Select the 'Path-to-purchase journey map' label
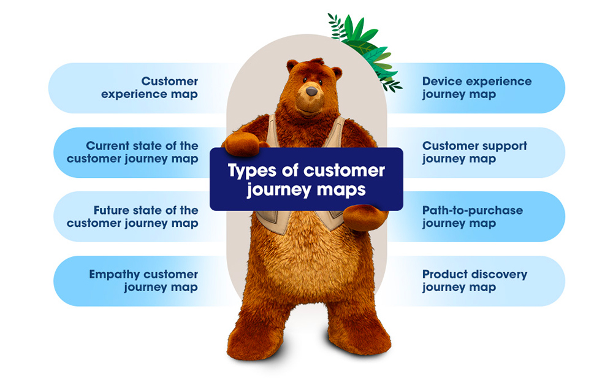point(472,216)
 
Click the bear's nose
point(311,91)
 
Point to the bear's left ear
point(292,65)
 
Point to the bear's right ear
point(335,72)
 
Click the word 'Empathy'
point(115,274)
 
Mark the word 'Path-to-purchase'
point(472,210)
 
